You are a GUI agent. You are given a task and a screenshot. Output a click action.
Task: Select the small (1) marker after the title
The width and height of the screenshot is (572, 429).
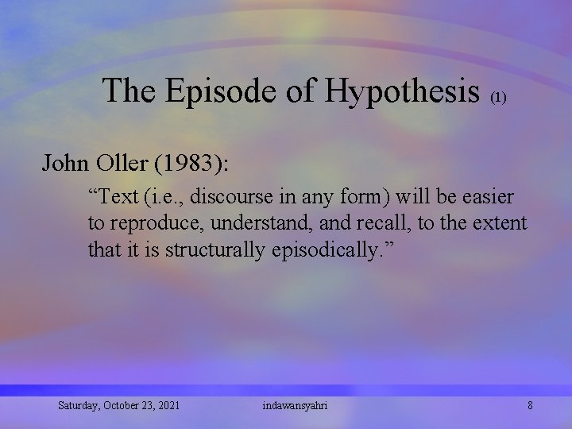click(x=498, y=98)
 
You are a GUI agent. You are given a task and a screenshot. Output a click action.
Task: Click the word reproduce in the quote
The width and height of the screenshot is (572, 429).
click(x=155, y=223)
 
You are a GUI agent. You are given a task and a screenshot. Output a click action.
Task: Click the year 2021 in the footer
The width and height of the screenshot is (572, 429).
click(x=168, y=405)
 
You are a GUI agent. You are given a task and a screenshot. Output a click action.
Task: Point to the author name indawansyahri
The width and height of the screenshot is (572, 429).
click(x=294, y=405)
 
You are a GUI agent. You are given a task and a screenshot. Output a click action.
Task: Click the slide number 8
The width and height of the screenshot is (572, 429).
click(x=530, y=405)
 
